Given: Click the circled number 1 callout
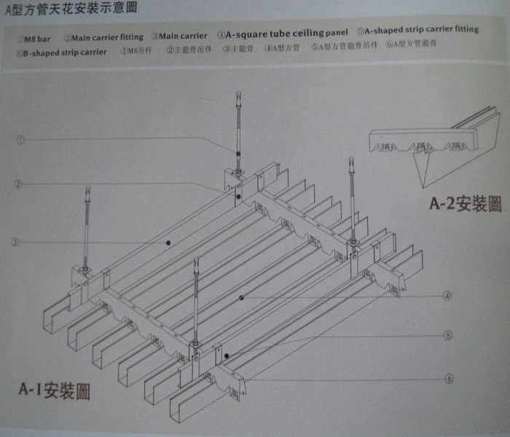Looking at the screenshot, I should (20, 139).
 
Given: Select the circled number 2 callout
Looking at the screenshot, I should (18, 184).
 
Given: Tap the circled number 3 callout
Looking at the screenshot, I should (16, 242).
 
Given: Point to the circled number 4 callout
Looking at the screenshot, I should (447, 296).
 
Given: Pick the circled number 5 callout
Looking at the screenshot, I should (448, 336).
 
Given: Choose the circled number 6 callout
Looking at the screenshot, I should (449, 378).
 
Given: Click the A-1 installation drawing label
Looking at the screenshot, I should (54, 390).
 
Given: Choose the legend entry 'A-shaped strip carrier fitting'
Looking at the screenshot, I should (417, 30).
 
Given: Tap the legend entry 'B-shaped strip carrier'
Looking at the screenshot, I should (60, 52).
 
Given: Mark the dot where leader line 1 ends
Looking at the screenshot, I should (238, 151).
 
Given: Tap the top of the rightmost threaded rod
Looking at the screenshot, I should (351, 159).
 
